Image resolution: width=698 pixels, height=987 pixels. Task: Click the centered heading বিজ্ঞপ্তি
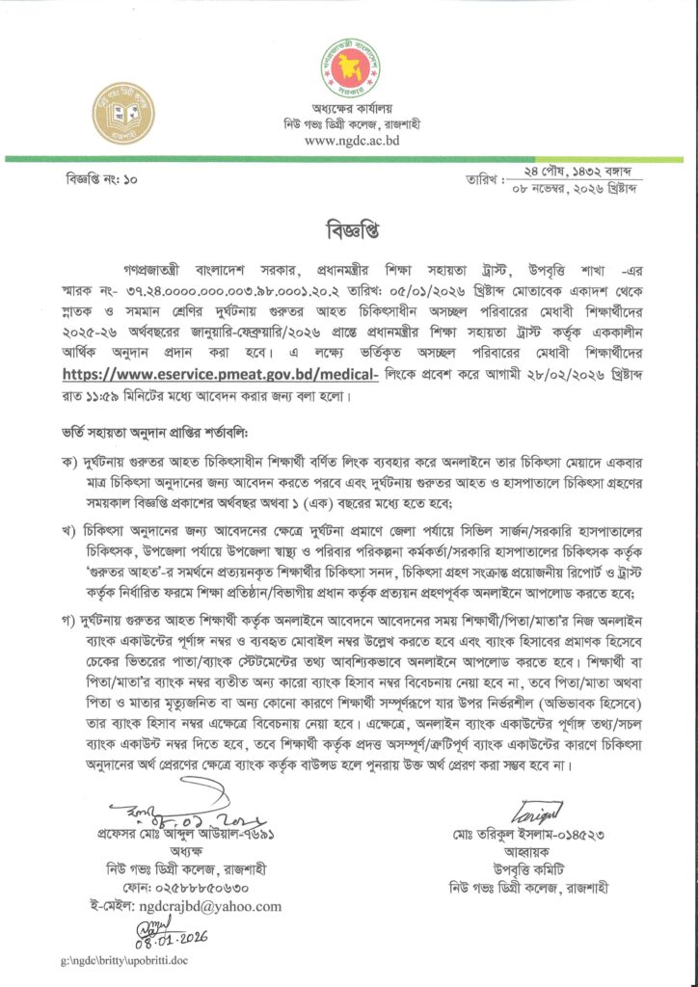(348, 234)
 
